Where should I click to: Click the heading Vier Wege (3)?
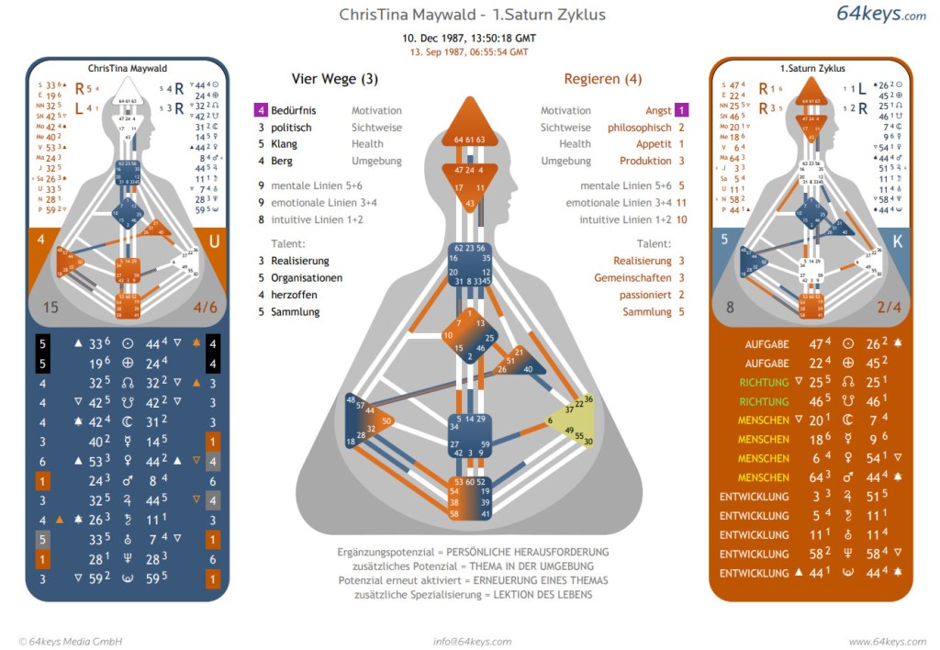[x=334, y=79]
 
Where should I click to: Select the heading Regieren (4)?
[x=602, y=79]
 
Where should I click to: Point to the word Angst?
[x=658, y=110]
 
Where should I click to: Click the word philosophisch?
[x=640, y=128]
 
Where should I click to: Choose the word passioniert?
[x=646, y=295]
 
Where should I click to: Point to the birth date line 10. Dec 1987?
[x=469, y=39]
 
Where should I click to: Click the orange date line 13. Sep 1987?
[x=469, y=52]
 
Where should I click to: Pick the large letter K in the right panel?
[x=895, y=243]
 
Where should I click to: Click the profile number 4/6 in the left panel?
[x=207, y=308]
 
